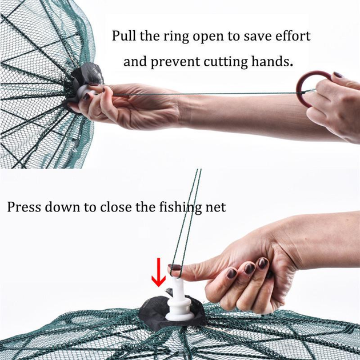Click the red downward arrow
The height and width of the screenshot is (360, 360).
click(158, 273)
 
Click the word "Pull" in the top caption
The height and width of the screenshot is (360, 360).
click(124, 36)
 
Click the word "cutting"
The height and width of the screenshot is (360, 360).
click(226, 62)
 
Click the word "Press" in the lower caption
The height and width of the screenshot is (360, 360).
click(24, 207)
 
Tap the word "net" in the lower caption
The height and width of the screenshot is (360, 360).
click(215, 207)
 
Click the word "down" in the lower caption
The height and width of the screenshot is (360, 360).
click(62, 207)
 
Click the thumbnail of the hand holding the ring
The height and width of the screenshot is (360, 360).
click(338, 75)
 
